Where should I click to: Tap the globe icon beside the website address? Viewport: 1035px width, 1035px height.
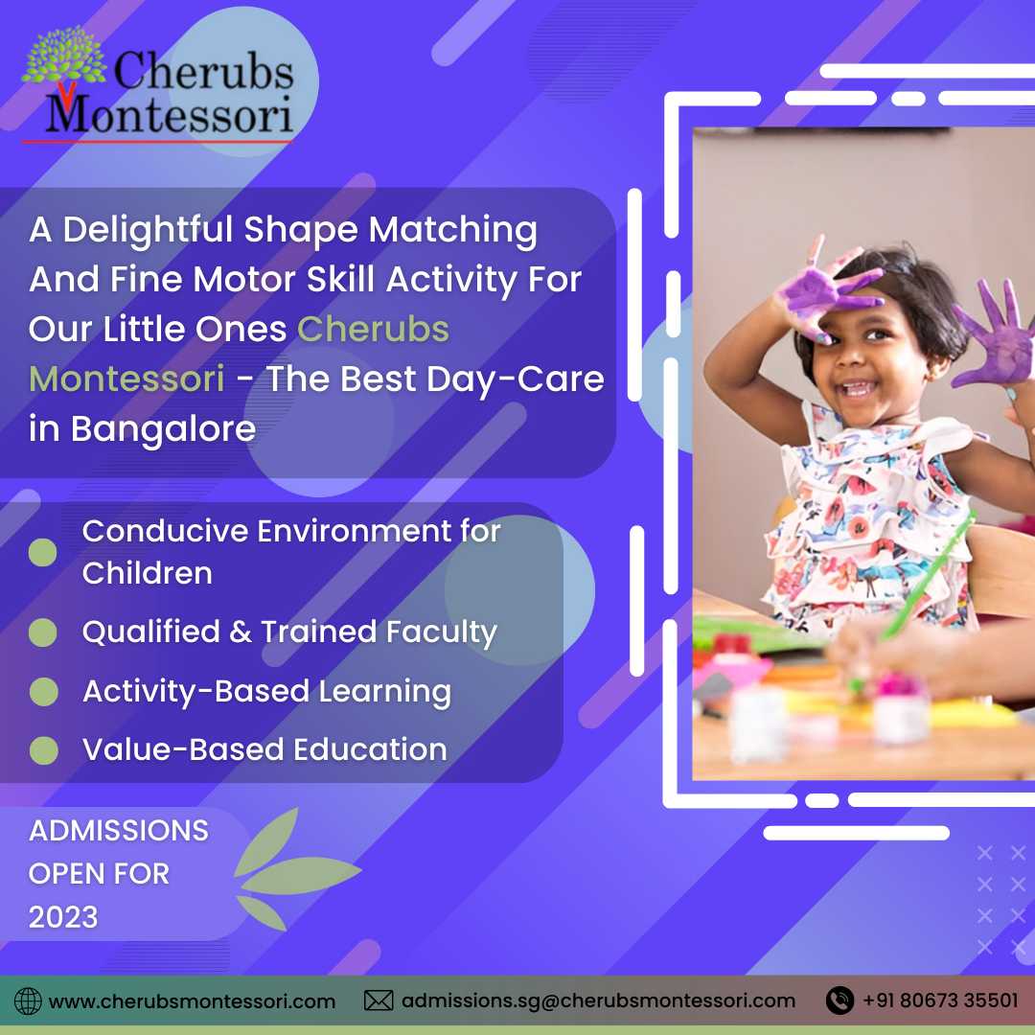pyautogui.click(x=28, y=1000)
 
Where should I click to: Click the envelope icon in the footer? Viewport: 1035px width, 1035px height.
pyautogui.click(x=379, y=1000)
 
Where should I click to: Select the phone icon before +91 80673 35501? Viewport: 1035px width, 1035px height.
pyautogui.click(x=839, y=1000)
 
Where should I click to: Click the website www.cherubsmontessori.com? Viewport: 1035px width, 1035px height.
pyautogui.click(x=192, y=1001)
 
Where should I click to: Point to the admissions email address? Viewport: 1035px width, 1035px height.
pyautogui.click(x=598, y=1000)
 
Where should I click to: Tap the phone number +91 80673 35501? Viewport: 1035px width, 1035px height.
pyautogui.click(x=940, y=1000)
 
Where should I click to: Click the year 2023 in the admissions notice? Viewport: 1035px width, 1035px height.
pyautogui.click(x=63, y=917)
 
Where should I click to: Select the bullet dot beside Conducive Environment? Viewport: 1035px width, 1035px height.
pyautogui.click(x=43, y=553)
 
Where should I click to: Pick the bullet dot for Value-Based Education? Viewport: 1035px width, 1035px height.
pyautogui.click(x=43, y=750)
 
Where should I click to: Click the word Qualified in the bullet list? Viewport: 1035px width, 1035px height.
pyautogui.click(x=151, y=632)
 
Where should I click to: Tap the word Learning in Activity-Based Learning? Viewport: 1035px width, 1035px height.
pyautogui.click(x=385, y=693)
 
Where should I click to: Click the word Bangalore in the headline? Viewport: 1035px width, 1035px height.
pyautogui.click(x=163, y=429)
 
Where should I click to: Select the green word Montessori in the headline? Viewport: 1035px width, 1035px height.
pyautogui.click(x=126, y=379)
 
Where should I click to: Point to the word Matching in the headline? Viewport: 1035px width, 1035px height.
pyautogui.click(x=452, y=231)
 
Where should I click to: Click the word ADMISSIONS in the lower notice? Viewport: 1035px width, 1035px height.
pyautogui.click(x=119, y=830)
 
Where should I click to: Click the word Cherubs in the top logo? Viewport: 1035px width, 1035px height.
pyautogui.click(x=204, y=70)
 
